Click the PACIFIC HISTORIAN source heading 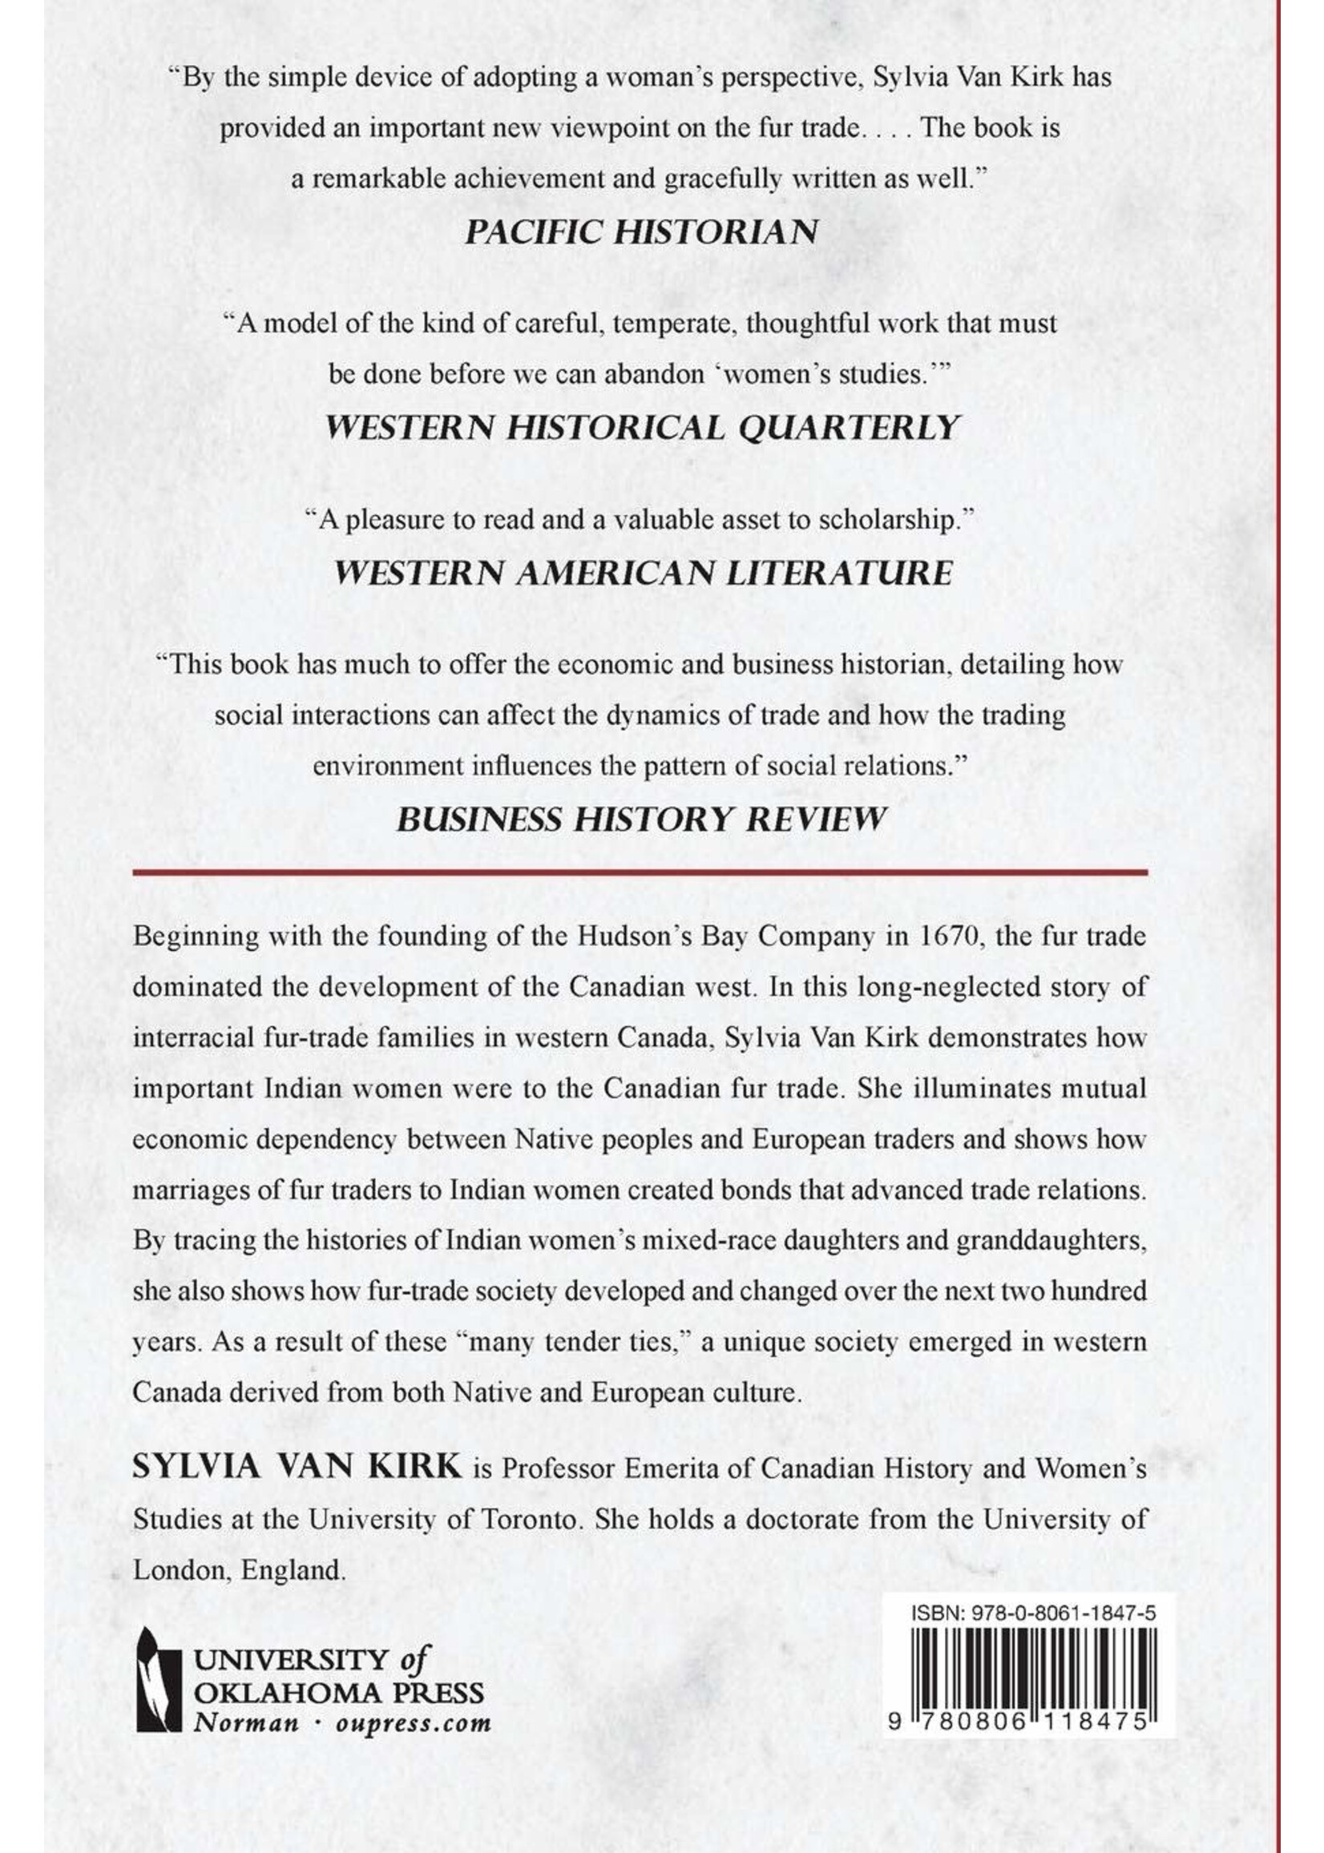641,232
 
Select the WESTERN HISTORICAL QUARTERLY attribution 641,427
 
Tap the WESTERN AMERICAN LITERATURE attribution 643,573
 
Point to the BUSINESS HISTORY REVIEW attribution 641,819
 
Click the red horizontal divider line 640,872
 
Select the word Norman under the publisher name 246,1721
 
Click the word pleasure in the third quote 395,521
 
